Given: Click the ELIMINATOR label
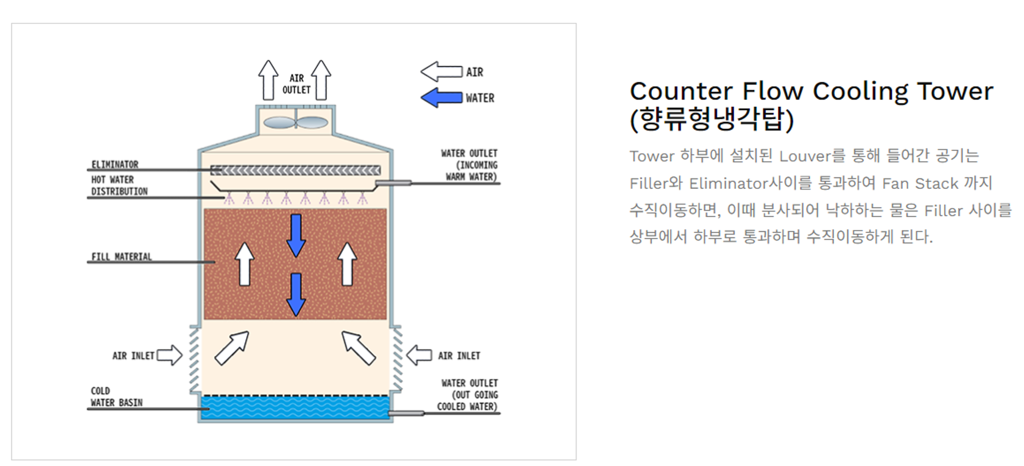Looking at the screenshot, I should pos(115,165).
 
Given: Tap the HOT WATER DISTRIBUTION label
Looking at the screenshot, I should pos(119,185).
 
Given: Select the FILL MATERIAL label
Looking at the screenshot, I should pos(122,257).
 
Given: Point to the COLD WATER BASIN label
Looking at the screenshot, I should pos(117,397).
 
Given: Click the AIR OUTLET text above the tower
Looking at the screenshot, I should pos(296,84).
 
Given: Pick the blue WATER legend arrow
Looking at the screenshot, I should pos(442,98).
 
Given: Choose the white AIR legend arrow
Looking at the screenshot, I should pos(442,72).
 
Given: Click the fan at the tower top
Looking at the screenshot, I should pos(295,122).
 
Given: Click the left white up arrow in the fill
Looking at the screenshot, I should pos(244,264).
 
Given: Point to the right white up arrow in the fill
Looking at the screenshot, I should pos(347,264).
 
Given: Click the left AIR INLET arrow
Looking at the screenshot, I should pos(170,355).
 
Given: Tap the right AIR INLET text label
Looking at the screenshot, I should pos(459,356).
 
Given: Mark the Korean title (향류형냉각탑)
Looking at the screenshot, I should pos(712,119).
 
